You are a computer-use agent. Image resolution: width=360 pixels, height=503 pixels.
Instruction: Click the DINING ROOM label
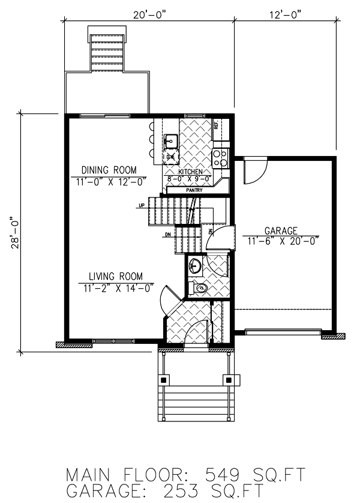(x=109, y=169)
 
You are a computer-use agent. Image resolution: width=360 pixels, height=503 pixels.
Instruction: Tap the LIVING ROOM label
(x=116, y=276)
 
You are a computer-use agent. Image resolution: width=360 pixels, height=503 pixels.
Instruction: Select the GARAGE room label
(x=281, y=230)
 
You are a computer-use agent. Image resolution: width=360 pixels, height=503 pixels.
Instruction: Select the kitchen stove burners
(x=221, y=158)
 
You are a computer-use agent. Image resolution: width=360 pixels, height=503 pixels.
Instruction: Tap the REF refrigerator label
(x=216, y=126)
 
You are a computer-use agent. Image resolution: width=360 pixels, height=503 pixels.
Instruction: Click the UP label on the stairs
(x=142, y=206)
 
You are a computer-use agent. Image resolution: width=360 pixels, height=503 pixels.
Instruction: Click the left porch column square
(x=164, y=380)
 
